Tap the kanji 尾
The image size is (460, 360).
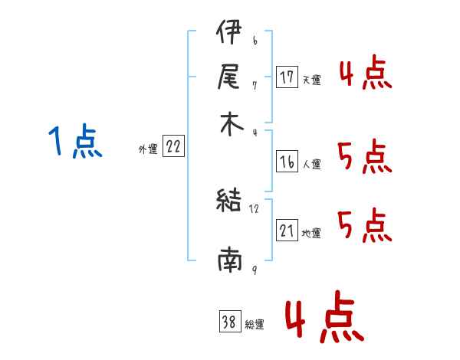point(228,77)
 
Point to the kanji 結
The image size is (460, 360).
point(229,202)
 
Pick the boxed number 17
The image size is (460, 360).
point(287,77)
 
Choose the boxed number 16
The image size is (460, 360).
point(287,162)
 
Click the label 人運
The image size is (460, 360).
point(311,164)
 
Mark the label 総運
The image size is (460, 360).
point(255,325)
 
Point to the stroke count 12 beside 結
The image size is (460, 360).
point(255,208)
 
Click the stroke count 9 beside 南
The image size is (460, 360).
point(254,270)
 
